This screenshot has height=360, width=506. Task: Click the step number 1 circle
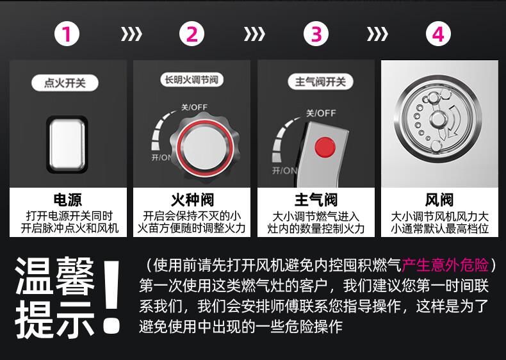pos(67,33)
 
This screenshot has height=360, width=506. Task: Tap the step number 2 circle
pos(192,33)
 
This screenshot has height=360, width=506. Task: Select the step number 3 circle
pos(316,33)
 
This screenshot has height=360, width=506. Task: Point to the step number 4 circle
pos(438,33)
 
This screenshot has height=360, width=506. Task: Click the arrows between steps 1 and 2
pos(131,34)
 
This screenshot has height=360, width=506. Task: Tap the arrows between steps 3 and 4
pos(377,34)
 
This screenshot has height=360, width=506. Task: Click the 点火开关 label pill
pos(65,83)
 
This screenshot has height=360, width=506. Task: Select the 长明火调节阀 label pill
pos(192,79)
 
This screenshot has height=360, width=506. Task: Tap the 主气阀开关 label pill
pos(320,82)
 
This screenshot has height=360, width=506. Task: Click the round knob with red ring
pos(204,148)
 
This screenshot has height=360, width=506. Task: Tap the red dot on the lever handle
pos(325,147)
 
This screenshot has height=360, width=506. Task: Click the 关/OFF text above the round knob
pos(194,107)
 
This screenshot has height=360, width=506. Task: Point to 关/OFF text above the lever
pos(321,113)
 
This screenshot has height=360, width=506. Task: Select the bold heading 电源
pos(68,200)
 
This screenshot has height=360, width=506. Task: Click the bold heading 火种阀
pos(192,200)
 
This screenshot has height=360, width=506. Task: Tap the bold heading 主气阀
pos(316,200)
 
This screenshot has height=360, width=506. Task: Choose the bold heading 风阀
pos(439,200)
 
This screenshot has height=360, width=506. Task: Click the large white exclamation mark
pos(112,297)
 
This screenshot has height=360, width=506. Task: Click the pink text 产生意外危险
pos(445,265)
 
